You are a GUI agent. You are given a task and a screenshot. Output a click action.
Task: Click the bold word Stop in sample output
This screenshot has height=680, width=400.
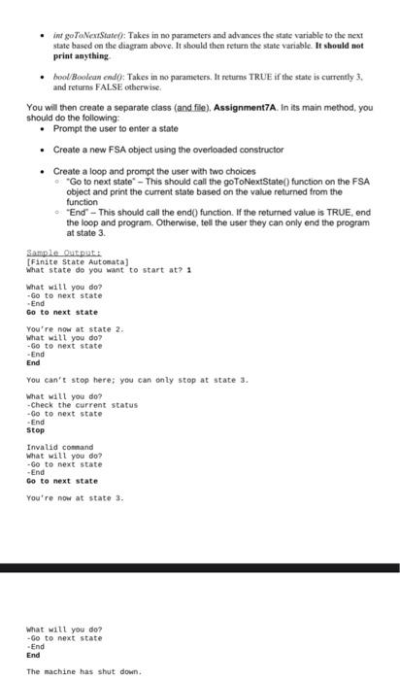tap(35, 428)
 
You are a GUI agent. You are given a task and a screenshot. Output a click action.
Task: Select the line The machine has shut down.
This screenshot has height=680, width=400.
tap(83, 670)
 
